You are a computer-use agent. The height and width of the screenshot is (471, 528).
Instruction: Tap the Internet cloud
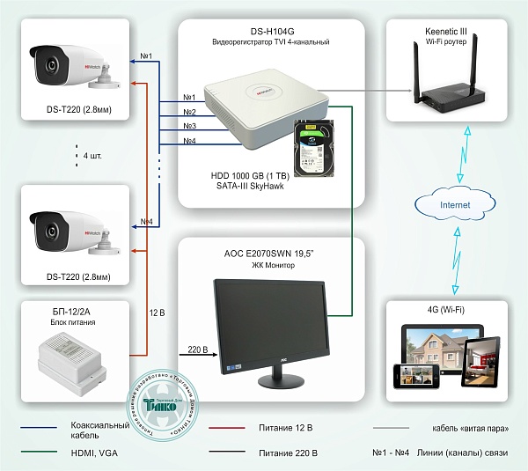tap(442, 205)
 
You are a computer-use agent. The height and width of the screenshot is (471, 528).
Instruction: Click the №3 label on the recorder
tap(189, 127)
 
